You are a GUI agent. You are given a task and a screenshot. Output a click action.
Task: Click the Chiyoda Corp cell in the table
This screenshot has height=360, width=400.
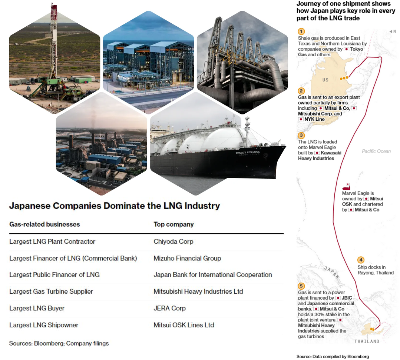(173, 241)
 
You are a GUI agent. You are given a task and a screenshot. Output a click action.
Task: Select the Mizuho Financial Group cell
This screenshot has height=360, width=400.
(187, 259)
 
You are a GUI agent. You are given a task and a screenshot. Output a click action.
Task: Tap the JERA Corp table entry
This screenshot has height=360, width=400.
(170, 308)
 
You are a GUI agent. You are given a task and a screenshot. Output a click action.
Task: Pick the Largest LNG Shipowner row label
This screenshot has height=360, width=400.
(44, 325)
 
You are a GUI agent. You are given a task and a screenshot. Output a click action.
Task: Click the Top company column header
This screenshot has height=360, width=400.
(174, 224)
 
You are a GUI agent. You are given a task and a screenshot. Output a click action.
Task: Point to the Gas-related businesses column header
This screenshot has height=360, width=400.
(44, 224)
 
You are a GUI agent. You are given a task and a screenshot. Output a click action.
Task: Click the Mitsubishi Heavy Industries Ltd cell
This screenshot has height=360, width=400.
(198, 291)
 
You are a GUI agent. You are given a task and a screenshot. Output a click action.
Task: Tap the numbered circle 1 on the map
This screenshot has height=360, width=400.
(301, 31)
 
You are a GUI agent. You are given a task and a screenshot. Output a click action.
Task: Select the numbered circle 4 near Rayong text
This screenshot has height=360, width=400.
(361, 260)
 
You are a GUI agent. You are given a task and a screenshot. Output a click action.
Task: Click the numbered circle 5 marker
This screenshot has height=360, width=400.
(301, 286)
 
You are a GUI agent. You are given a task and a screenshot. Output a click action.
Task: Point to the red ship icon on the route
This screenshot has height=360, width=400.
(346, 187)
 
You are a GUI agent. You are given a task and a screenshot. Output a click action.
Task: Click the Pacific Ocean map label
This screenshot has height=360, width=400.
(376, 151)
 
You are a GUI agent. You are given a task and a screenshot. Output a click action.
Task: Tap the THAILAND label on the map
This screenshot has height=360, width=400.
(367, 341)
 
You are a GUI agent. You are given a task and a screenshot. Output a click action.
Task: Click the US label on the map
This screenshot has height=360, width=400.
(325, 80)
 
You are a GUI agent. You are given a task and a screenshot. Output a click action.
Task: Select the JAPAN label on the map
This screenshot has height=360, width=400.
(332, 272)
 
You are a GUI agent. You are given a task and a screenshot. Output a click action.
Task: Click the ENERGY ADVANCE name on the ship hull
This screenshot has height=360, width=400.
(247, 152)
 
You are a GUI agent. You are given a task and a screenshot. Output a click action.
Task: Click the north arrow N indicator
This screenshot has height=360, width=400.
(393, 31)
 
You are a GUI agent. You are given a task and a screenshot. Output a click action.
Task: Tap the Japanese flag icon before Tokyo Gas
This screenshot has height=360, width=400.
(346, 49)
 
